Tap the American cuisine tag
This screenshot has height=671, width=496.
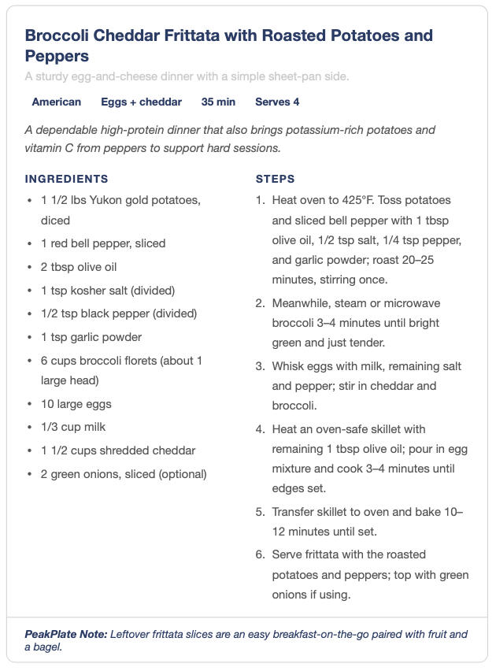(56, 102)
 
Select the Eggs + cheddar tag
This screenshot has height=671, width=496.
(141, 102)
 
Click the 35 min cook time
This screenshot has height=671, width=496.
(218, 102)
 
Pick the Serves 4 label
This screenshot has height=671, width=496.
(277, 102)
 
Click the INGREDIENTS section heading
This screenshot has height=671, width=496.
(67, 179)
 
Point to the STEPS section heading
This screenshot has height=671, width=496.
(276, 179)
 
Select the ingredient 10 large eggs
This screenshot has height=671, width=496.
(76, 404)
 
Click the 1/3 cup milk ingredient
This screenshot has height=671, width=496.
(73, 427)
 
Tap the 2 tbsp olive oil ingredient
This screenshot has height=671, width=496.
(79, 267)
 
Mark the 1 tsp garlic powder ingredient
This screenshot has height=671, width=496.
(91, 337)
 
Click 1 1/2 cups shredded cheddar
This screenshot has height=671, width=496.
(118, 450)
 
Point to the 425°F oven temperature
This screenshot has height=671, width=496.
(355, 200)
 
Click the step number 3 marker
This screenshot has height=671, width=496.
(260, 366)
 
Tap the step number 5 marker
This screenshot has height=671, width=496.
(260, 512)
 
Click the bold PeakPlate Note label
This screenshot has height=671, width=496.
(65, 634)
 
